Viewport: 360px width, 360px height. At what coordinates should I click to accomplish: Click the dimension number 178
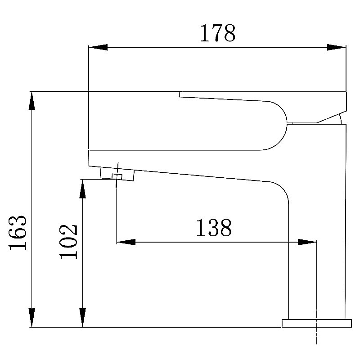[218, 33]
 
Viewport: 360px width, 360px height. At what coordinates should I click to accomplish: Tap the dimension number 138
[214, 228]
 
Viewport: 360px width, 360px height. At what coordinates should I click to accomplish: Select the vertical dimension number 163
[18, 233]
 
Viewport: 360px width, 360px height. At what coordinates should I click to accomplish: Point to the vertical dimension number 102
[69, 241]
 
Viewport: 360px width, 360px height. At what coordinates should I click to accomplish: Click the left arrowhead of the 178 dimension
[98, 47]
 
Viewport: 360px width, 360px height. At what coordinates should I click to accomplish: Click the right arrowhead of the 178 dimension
[336, 47]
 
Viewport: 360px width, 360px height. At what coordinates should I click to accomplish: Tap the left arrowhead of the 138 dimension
[126, 242]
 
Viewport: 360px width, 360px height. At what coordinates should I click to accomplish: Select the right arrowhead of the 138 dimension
[307, 242]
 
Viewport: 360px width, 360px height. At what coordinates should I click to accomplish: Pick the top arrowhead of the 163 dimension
[31, 101]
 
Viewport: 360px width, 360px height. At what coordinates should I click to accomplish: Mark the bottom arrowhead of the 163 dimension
[31, 318]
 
